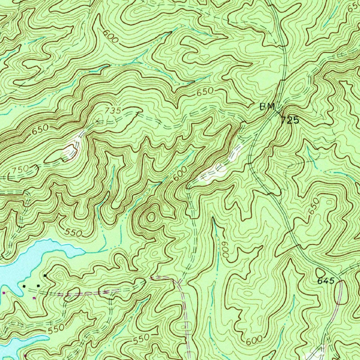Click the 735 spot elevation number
(112, 110)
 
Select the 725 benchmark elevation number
(290, 121)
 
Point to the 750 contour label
(20, 169)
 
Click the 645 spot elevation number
(325, 281)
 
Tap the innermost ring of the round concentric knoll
(151, 217)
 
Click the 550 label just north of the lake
(74, 232)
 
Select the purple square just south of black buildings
(34, 298)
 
